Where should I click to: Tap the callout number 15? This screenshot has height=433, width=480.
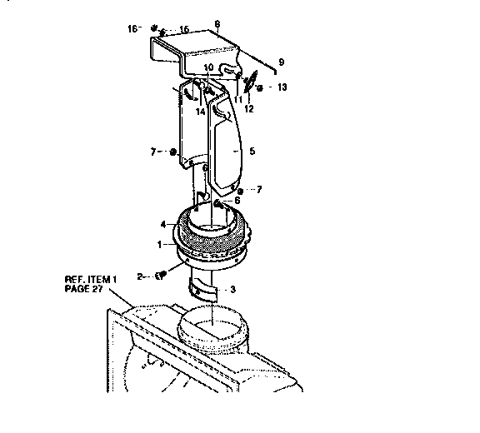(184, 29)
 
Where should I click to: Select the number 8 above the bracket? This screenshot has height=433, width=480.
(217, 23)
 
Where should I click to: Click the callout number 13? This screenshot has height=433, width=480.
(281, 87)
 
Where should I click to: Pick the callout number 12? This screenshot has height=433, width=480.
(248, 108)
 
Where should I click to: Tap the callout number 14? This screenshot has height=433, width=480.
(200, 110)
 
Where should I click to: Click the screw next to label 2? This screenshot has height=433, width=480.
(162, 273)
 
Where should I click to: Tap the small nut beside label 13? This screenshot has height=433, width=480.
(260, 87)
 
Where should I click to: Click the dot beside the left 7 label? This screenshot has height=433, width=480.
(172, 152)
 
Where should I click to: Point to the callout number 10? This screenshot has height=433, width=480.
(208, 67)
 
